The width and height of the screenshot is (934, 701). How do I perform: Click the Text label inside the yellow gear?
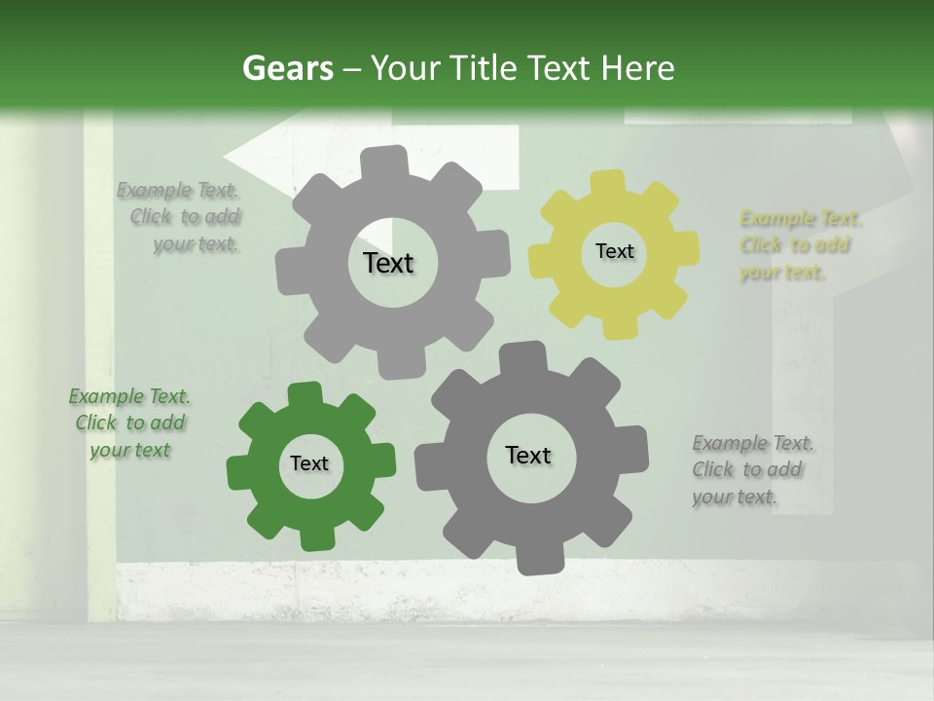pyautogui.click(x=614, y=251)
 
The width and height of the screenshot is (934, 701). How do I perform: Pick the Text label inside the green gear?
pyautogui.click(x=309, y=464)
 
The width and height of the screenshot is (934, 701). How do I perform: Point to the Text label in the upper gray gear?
pyautogui.click(x=388, y=263)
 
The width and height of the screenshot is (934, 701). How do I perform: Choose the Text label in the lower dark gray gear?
pyautogui.click(x=528, y=455)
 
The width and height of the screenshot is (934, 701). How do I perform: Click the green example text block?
pyautogui.click(x=128, y=424)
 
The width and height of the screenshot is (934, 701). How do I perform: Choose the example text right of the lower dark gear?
pyautogui.click(x=750, y=470)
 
